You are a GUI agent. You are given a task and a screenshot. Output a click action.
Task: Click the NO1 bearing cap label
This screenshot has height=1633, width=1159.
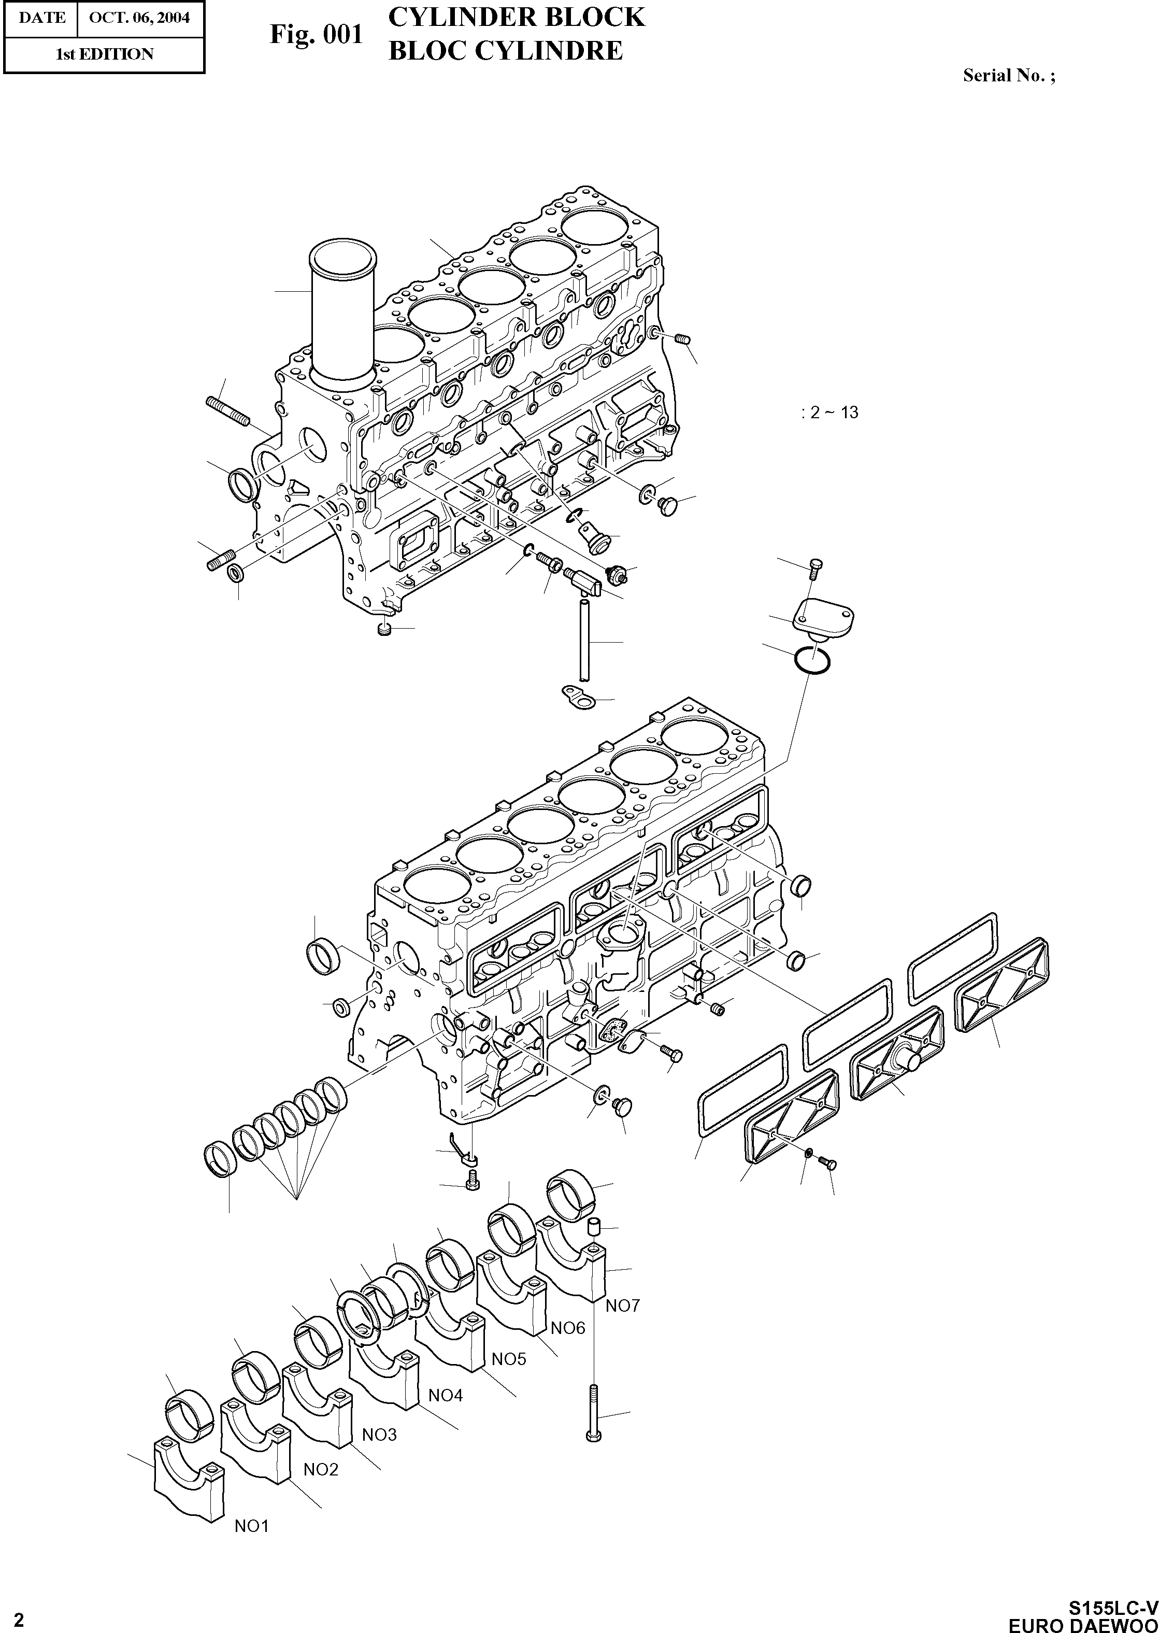tap(251, 1527)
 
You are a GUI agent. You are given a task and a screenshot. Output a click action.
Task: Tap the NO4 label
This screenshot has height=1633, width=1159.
tap(446, 1395)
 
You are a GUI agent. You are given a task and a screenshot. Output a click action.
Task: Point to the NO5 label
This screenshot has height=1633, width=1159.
tap(509, 1359)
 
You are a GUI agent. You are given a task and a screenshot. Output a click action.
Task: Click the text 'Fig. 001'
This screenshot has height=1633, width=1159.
tap(316, 34)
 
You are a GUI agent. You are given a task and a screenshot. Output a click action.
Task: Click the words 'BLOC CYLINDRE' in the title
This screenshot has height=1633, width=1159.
tap(505, 51)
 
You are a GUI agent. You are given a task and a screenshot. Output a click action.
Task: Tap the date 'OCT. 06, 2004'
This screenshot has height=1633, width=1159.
tap(139, 17)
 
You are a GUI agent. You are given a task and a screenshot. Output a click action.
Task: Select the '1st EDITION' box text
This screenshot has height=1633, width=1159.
tap(104, 54)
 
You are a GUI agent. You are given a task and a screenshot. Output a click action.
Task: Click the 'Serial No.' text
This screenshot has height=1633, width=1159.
tap(1008, 75)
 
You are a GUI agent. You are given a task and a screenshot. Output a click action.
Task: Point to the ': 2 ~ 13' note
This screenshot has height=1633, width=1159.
tap(829, 413)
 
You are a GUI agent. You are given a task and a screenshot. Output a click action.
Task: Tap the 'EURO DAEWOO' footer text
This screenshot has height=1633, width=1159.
tap(1083, 1622)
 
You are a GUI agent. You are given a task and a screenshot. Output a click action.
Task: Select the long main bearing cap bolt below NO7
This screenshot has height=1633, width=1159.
tap(594, 1413)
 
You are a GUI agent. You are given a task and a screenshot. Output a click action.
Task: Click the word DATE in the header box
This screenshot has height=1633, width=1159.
tap(41, 17)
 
